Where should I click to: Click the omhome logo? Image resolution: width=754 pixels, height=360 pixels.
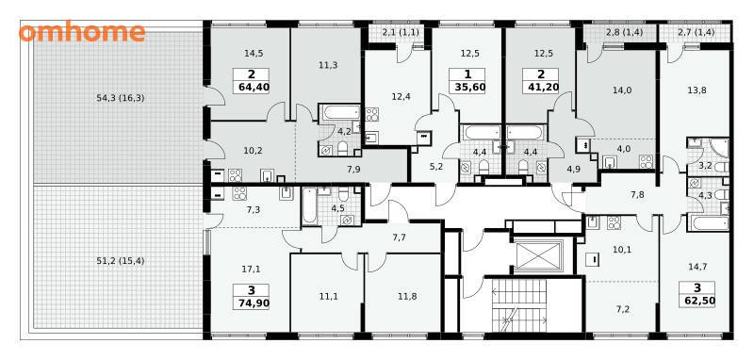[x=82, y=32]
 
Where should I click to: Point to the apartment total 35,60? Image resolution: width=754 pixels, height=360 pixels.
[x=467, y=87]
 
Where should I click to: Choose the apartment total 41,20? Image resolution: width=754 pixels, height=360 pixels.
[x=541, y=87]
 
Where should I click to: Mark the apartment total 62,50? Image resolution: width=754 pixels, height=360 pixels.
[x=697, y=302]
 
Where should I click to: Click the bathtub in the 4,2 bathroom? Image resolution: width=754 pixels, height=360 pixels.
[x=339, y=113]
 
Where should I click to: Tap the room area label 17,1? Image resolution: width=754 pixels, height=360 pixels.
[x=251, y=270]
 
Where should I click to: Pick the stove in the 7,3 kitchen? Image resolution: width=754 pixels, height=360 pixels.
[x=239, y=193]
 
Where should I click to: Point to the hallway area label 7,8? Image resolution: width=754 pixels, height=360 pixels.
[x=638, y=195]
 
